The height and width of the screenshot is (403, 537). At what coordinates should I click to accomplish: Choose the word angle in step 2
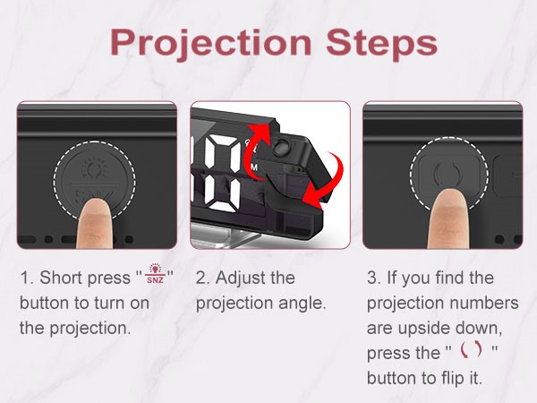point(303,304)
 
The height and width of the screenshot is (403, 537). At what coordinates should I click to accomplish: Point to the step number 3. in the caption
point(372,279)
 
